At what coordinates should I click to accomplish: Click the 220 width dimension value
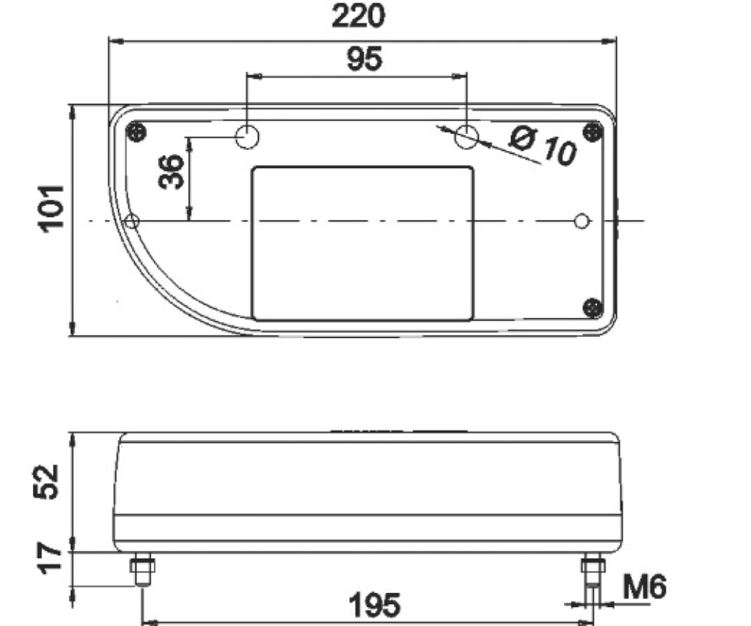(358, 17)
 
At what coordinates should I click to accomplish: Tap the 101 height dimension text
(53, 208)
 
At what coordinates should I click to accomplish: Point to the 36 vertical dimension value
(171, 172)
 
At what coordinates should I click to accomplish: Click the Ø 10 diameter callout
(542, 146)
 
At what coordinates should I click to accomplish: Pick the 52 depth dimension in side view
(46, 481)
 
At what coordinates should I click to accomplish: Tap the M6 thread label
(645, 587)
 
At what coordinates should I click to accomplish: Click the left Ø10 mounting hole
(248, 136)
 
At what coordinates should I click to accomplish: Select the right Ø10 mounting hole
(466, 136)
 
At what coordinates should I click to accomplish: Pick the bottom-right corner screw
(592, 307)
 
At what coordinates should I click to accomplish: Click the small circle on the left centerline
(132, 221)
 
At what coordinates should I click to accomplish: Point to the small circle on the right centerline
(582, 221)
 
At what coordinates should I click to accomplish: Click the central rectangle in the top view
(362, 244)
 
